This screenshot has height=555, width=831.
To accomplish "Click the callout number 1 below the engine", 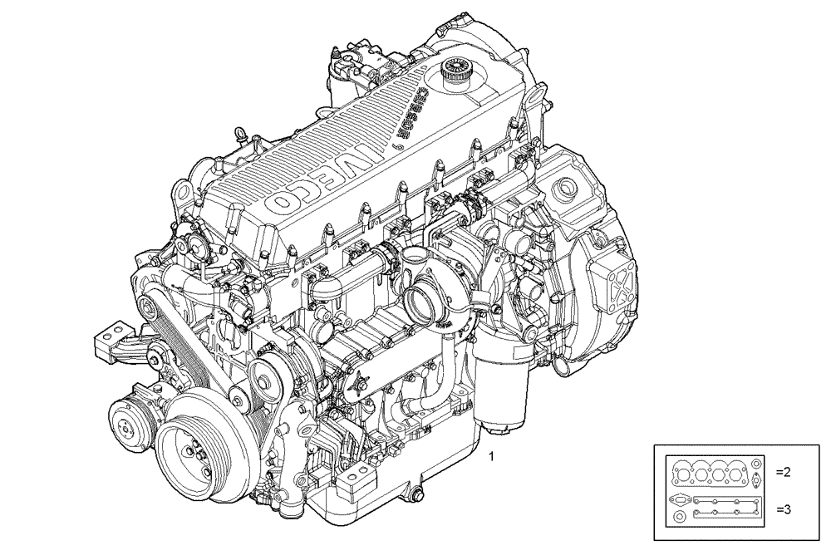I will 493,456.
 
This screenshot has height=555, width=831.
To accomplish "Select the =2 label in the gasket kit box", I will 784,472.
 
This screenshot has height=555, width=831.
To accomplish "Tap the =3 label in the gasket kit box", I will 784,508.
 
